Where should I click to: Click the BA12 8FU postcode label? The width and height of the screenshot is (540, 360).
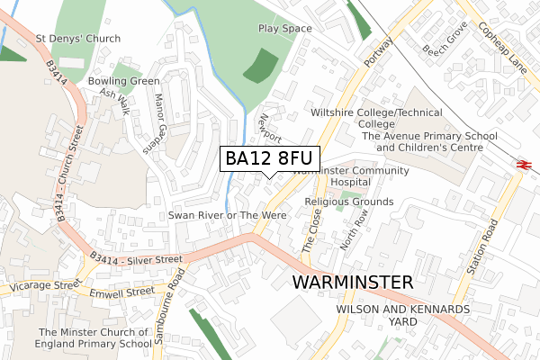(x=270, y=158)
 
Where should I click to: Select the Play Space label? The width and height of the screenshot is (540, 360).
(x=284, y=29)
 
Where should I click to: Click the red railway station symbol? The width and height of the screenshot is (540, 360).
(x=521, y=163)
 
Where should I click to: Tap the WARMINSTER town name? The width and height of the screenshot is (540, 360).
(x=353, y=282)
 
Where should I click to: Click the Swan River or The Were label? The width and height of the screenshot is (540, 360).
(x=228, y=216)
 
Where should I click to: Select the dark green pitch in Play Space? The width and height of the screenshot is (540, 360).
(x=262, y=66)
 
